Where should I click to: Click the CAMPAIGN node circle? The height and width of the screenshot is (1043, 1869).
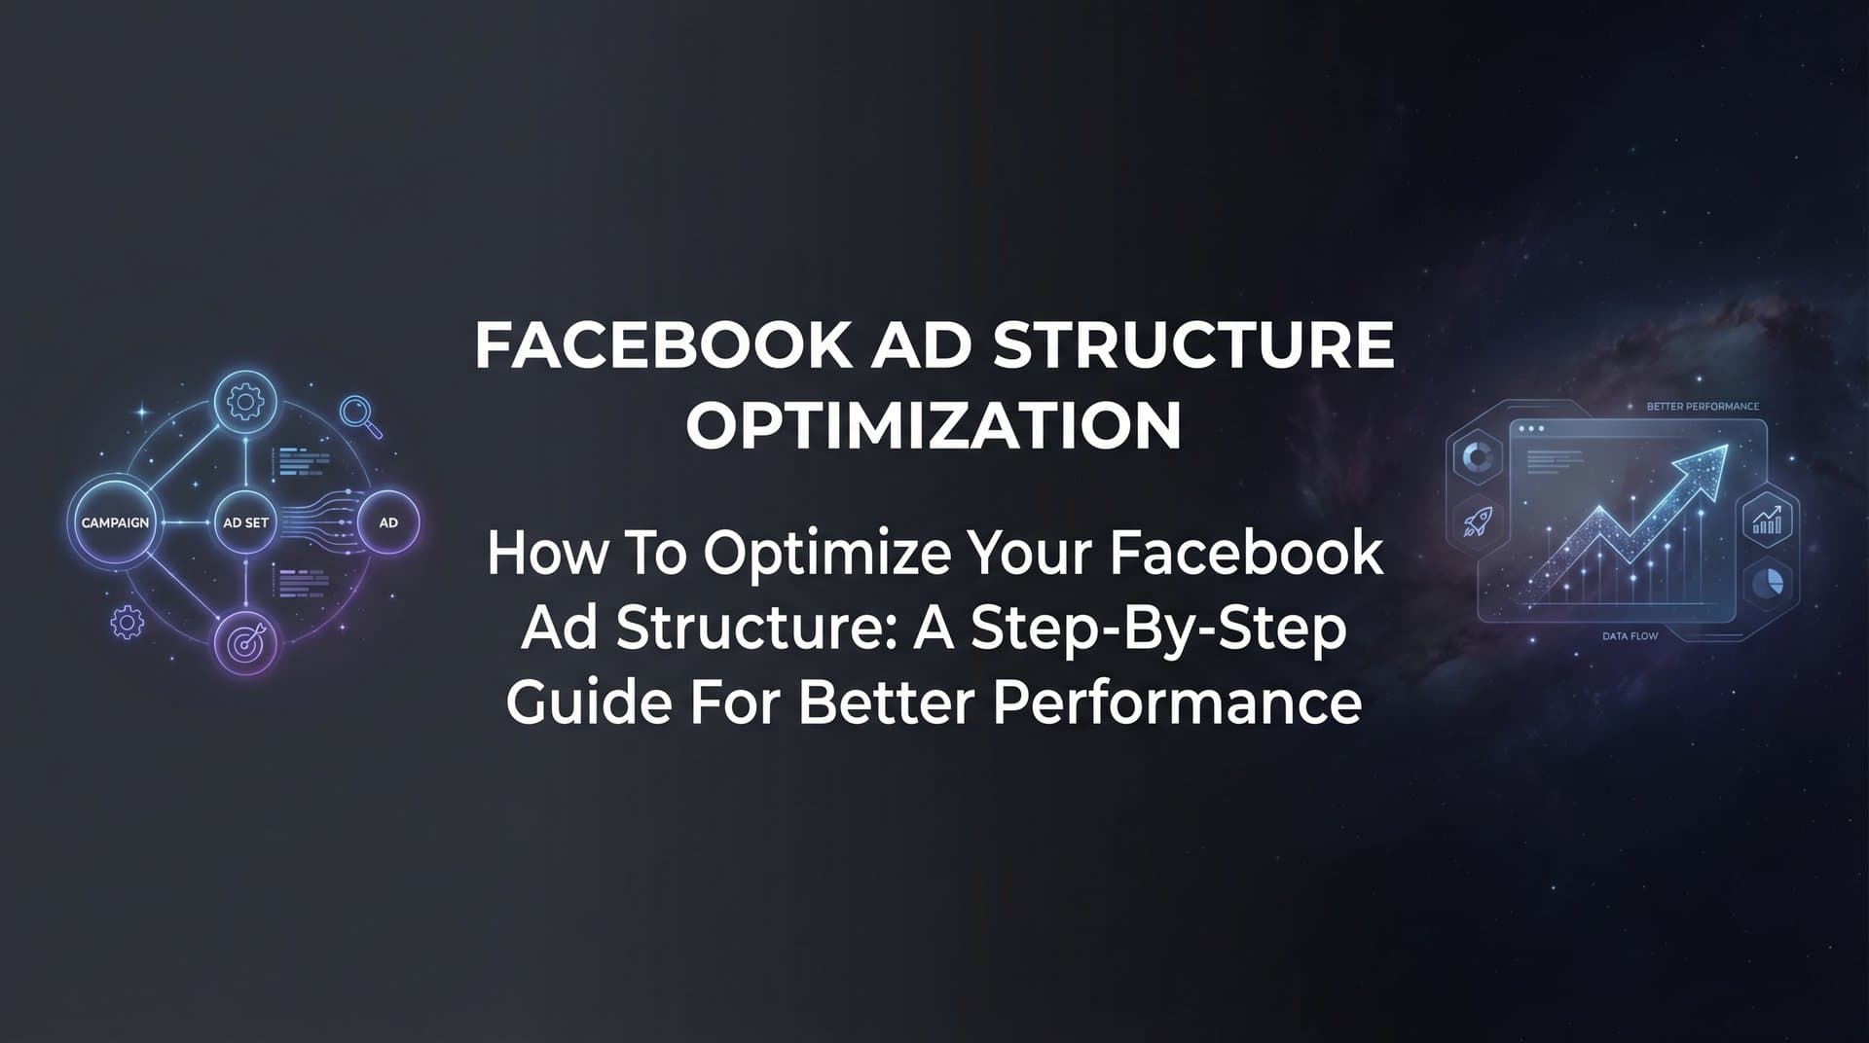pos(115,522)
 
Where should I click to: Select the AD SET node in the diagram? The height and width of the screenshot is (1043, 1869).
pos(245,522)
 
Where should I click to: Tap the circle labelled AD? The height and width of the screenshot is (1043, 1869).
pos(388,522)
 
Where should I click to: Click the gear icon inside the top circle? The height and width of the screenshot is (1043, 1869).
pos(245,402)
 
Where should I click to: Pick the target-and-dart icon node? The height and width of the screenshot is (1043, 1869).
pos(245,642)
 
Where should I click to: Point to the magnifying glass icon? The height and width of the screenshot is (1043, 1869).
pos(358,414)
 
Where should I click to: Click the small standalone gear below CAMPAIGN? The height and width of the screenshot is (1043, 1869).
pos(127,622)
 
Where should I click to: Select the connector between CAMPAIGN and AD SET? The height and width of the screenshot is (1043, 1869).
pos(186,522)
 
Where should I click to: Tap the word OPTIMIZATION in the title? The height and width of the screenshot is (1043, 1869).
pos(934,425)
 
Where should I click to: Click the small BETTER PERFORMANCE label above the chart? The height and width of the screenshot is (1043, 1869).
pos(1702,407)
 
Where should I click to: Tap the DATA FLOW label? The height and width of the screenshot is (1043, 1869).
pos(1630,636)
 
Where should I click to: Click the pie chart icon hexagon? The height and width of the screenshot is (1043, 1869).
pos(1768,583)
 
